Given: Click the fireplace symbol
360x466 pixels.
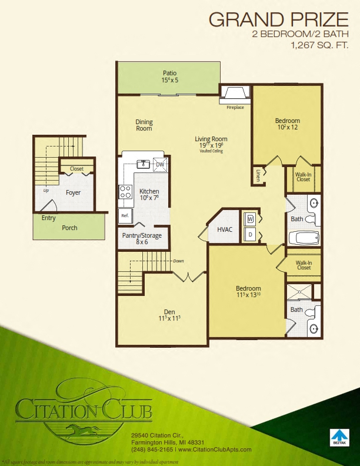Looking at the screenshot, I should tap(235, 94).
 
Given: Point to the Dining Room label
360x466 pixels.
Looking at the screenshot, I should tap(144, 125).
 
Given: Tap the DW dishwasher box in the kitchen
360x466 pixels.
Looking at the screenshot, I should tap(159, 165).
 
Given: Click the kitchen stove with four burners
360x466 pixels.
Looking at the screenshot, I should tap(125, 191).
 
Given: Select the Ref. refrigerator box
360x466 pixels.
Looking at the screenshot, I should tap(125, 215).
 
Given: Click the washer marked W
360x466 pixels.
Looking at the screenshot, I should tap(249, 219).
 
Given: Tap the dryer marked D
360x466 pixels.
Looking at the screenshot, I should tap(249, 234).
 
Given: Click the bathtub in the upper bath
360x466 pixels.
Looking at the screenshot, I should tap(305, 238).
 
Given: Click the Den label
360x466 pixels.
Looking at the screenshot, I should tap(169, 312).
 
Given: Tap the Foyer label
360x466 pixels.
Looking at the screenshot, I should tap(73, 192).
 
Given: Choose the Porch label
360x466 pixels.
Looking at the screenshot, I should tap(69, 228).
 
